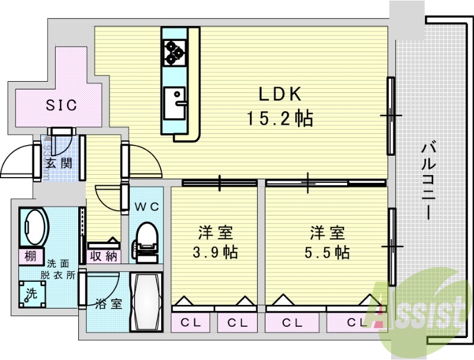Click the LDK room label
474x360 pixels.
coord(280,94)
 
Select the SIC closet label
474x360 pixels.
coord(61,105)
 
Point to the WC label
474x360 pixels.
coord(146,207)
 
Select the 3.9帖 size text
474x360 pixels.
coord(214,253)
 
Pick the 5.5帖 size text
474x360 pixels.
coord(326,253)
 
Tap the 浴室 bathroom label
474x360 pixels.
coord(108,304)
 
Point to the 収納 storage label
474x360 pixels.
coord(103,256)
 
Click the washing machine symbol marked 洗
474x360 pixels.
coord(28,295)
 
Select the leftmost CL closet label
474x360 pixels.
coord(191,323)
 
